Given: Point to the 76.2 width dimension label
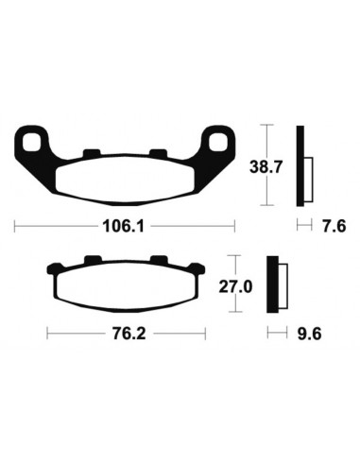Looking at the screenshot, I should point(126,333).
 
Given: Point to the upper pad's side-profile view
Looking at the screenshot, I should point(302,166).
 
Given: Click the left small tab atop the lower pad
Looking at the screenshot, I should point(92,261).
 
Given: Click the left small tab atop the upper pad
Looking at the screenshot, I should point(92,151).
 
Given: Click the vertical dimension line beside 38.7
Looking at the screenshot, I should point(268,166).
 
